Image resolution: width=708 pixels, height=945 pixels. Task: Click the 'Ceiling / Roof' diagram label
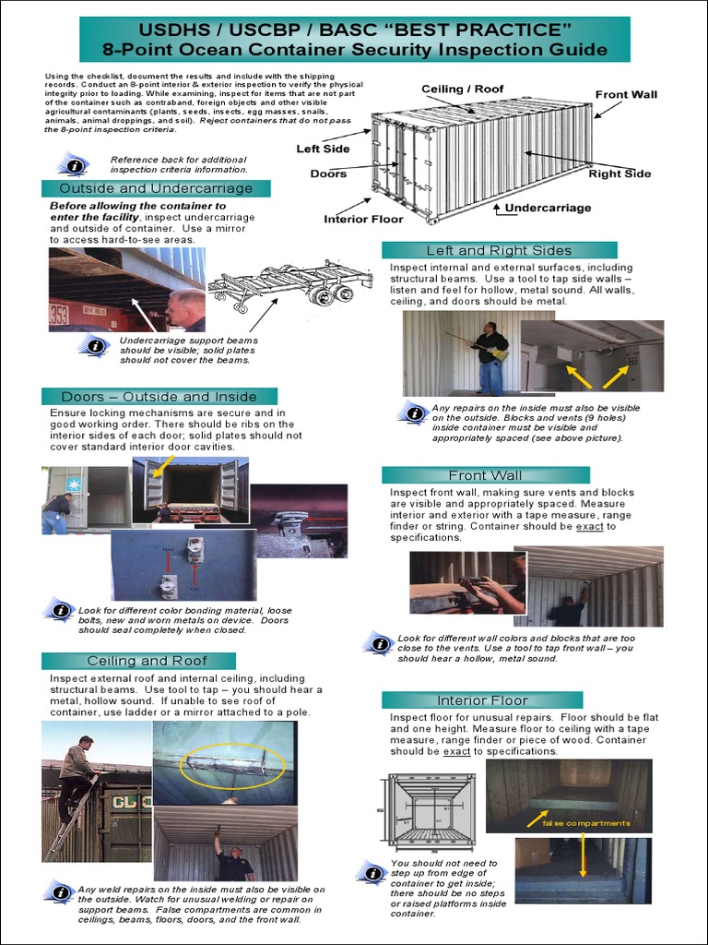point(463,89)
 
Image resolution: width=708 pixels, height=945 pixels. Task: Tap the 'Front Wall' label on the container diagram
point(626,94)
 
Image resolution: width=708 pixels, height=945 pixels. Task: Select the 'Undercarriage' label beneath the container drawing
point(548,208)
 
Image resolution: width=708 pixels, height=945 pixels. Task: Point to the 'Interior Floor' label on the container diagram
point(363,219)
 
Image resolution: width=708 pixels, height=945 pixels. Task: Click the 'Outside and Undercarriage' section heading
point(156,188)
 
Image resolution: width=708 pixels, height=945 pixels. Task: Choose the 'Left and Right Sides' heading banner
point(499,250)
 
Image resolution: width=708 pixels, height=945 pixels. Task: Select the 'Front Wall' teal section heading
point(485,475)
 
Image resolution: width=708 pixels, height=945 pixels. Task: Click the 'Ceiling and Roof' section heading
point(147,661)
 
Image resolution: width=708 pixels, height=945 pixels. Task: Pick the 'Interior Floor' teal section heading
point(482,700)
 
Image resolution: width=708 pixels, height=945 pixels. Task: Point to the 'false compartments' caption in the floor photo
point(586,822)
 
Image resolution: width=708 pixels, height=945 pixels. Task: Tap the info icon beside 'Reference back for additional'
point(73,165)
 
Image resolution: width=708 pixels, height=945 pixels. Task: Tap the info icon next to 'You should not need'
point(372,873)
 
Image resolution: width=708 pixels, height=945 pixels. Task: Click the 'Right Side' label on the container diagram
point(619,173)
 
